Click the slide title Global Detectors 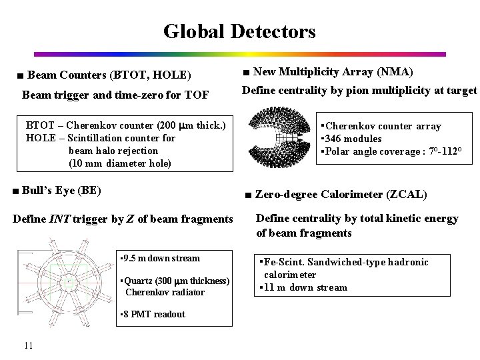point(239,31)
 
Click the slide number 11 point(28,345)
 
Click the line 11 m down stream point(305,287)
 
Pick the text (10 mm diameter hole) point(120,163)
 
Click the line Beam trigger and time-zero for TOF point(115,95)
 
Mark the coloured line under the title point(239,54)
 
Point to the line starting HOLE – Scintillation point(100,138)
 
